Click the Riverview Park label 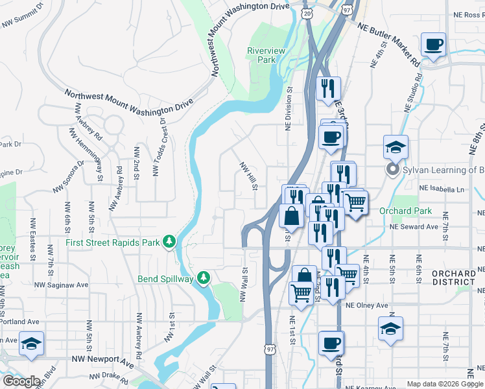click(x=261, y=55)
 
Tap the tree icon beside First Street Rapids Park click(x=170, y=242)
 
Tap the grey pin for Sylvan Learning click(x=392, y=170)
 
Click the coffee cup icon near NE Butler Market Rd click(x=433, y=45)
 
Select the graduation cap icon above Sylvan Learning click(x=395, y=147)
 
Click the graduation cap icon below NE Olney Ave click(x=390, y=329)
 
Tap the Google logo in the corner click(x=21, y=381)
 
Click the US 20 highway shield click(x=307, y=12)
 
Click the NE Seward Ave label click(x=414, y=227)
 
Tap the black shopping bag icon click(x=292, y=216)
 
